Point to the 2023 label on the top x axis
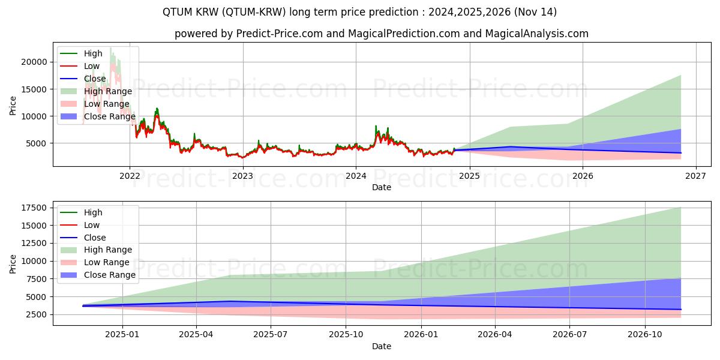point(242,176)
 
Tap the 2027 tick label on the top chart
point(695,176)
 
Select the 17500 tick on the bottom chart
point(34,208)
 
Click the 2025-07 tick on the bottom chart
point(271,335)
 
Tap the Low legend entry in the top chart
point(92,66)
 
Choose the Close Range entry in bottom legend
point(110,275)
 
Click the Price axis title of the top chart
point(13,106)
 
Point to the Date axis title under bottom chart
point(381,346)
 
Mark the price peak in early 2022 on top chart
point(157,109)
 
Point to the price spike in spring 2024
point(376,126)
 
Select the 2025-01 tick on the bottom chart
point(122,335)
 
